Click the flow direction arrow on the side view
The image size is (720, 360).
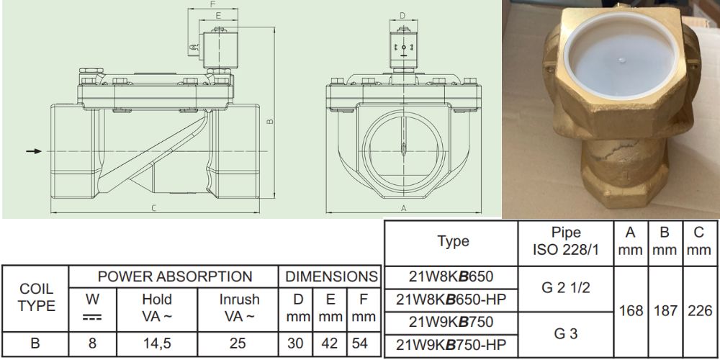(34, 151)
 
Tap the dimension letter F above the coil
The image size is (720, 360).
(212, 4)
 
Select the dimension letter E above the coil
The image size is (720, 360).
(218, 15)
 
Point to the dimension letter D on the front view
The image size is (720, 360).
(402, 16)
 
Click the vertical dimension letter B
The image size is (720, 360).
(270, 121)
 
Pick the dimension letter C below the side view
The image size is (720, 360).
(154, 209)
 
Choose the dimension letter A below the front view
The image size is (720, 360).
(404, 209)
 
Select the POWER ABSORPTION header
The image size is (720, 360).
(175, 276)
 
